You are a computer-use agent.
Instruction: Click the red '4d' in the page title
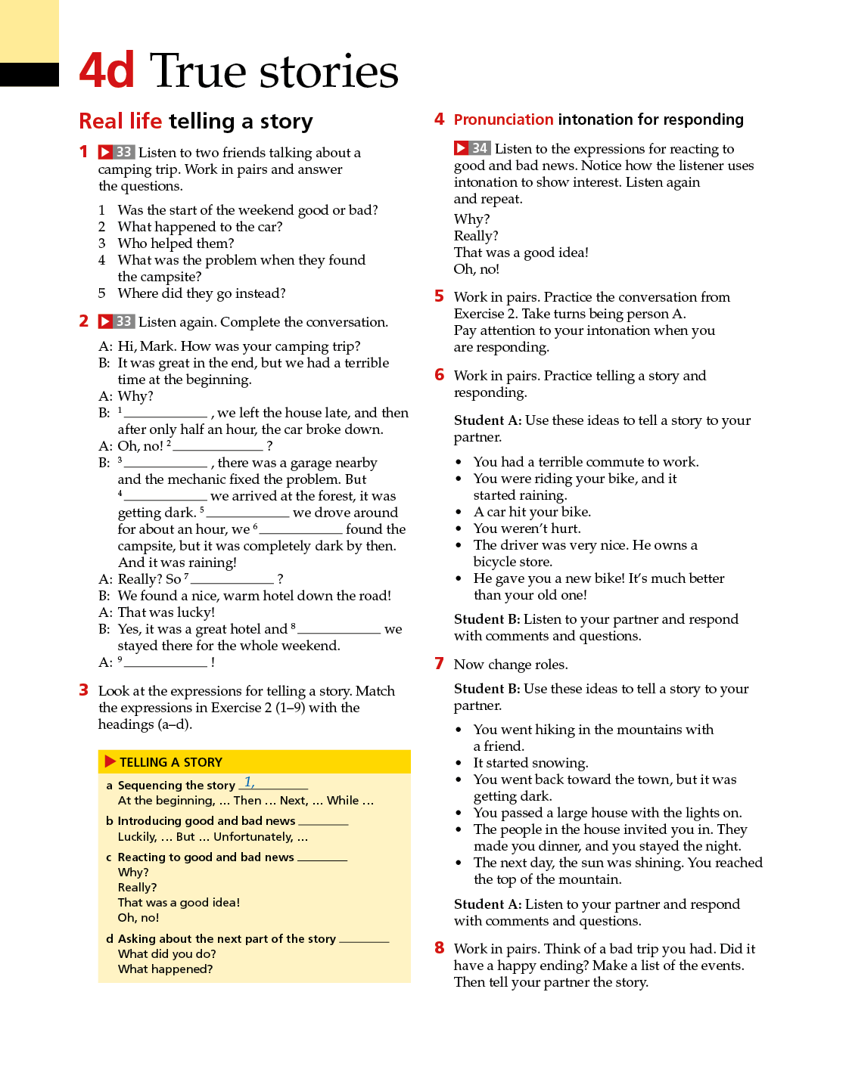pos(107,70)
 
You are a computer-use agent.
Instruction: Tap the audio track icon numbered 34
pos(472,148)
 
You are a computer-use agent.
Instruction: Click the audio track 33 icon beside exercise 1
pos(116,152)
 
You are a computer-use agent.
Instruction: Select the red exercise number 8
pos(439,948)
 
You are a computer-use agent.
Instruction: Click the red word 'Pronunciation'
pos(503,119)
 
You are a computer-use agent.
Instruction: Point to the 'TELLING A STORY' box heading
pos(170,762)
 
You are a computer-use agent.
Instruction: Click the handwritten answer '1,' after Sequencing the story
pos(249,783)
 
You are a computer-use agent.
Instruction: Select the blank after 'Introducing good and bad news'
pos(323,822)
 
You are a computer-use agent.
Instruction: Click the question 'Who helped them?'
pos(176,243)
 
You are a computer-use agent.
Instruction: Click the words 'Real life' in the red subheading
pos(120,121)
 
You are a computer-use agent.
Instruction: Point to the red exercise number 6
pos(439,375)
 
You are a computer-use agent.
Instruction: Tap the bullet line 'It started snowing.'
pos(530,763)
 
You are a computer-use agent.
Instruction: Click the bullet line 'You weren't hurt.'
pos(527,529)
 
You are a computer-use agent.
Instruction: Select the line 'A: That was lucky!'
pos(157,612)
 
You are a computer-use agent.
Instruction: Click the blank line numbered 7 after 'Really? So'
pos(232,580)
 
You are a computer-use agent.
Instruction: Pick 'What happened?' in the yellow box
pos(165,969)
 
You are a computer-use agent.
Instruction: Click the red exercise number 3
pos(84,690)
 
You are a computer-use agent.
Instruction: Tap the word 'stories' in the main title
pos(328,72)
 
